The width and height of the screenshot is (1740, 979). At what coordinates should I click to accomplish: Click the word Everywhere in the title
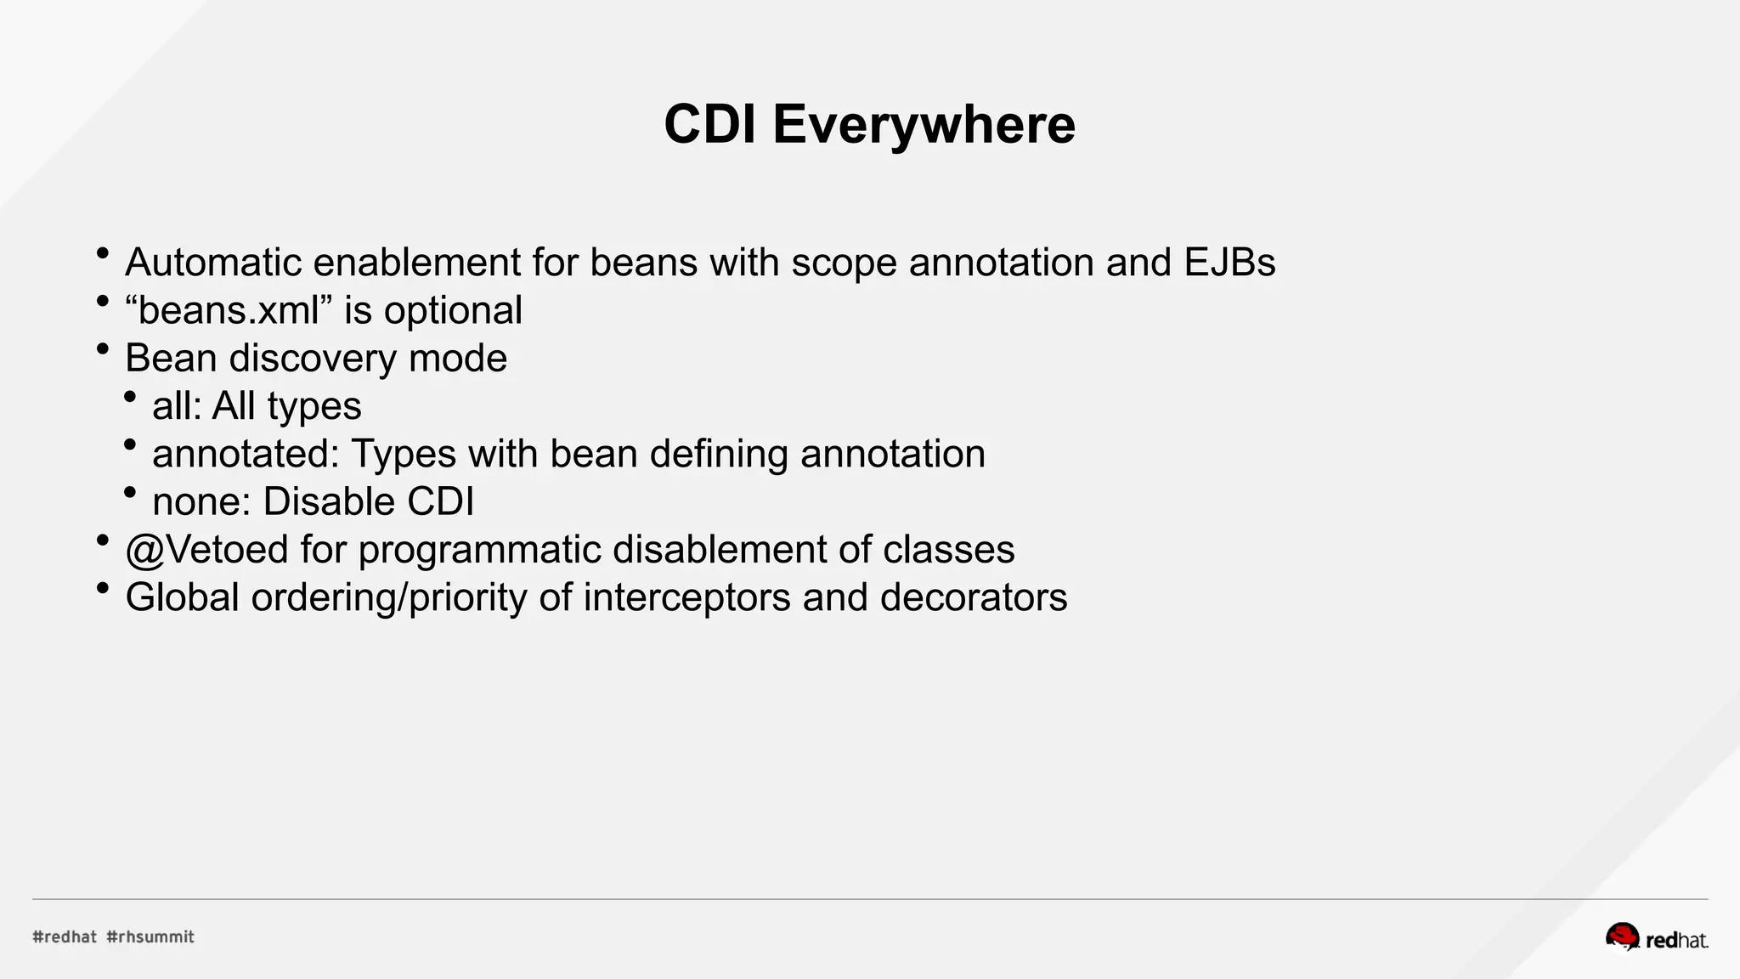(x=924, y=125)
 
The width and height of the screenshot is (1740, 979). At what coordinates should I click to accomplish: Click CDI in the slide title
(x=709, y=125)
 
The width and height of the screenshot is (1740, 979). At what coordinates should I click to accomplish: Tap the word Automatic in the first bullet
(x=213, y=263)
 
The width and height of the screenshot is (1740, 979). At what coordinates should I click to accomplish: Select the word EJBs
(x=1229, y=263)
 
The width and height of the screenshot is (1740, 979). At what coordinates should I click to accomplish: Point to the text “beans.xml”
(x=229, y=311)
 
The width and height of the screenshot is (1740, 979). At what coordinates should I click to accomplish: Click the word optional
(x=453, y=311)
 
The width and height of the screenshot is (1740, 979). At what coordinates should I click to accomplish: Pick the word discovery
(x=313, y=359)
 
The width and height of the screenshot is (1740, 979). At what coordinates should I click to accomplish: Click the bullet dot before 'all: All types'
(x=130, y=397)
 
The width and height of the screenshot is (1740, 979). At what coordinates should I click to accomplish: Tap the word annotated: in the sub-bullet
(x=246, y=454)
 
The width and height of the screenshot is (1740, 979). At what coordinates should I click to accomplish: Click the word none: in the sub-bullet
(x=201, y=502)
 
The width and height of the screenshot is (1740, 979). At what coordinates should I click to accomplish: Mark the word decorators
(x=974, y=597)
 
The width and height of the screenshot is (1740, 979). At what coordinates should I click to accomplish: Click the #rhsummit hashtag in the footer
(x=150, y=937)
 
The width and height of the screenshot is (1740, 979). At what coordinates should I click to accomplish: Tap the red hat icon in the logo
(x=1621, y=937)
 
